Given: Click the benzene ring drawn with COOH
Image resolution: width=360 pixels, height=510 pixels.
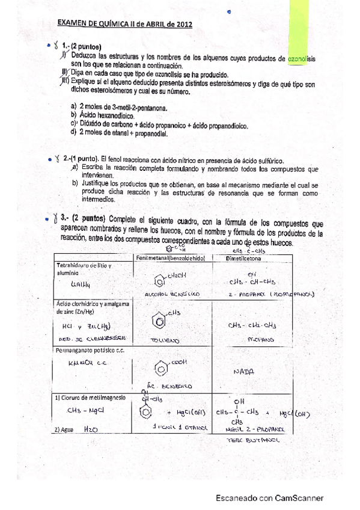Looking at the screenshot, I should pyautogui.click(x=161, y=366).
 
